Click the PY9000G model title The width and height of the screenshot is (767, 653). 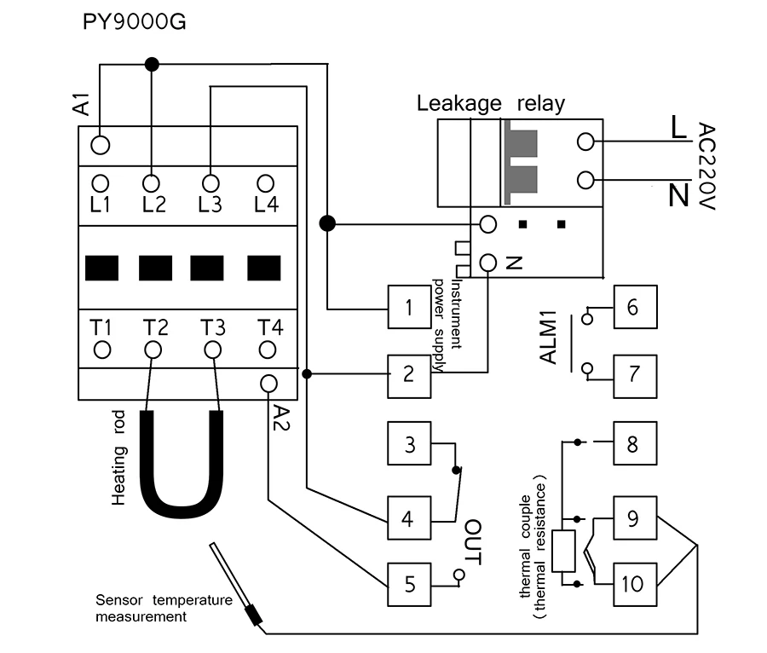pos(134,22)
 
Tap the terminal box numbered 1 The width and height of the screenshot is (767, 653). pos(409,307)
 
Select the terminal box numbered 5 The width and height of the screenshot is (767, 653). pos(409,585)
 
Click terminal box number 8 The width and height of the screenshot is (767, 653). pos(635,443)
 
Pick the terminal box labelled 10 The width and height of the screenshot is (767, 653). pos(635,585)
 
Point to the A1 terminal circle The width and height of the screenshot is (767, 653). pos(101,145)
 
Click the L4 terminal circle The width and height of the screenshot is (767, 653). pos(266,184)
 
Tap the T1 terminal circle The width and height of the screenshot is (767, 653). pos(102,350)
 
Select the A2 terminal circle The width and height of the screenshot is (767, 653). pos(268,384)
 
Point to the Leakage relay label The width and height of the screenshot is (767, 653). pos(491,104)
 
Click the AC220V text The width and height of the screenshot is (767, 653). pos(706,166)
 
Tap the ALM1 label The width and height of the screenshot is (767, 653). pos(548,338)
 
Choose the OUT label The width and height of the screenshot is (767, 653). pos(472,542)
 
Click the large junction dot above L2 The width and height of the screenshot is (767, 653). pos(153,64)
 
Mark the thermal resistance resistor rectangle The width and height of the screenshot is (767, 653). pos(563,551)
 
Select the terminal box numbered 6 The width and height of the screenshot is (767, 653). pos(635,307)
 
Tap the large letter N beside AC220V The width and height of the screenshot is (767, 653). pos(679,195)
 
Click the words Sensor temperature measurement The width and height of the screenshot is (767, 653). pos(164,608)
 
